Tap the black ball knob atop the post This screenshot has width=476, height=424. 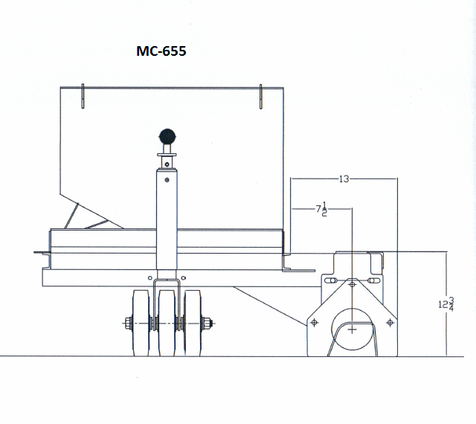[x=167, y=138]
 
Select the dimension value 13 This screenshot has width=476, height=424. [x=344, y=179]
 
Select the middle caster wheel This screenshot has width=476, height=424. [x=167, y=322]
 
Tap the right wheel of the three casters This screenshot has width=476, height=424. [x=193, y=322]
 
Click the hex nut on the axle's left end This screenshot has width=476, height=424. [x=127, y=323]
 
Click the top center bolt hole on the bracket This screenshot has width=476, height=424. [x=352, y=283]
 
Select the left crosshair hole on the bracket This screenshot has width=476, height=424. [x=315, y=322]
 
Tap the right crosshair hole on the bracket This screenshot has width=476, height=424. [x=390, y=322]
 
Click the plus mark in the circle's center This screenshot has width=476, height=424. [x=352, y=328]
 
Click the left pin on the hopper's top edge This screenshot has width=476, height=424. [x=83, y=96]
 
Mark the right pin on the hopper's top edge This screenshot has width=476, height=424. [x=261, y=96]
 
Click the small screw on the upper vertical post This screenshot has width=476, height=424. [x=167, y=179]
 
